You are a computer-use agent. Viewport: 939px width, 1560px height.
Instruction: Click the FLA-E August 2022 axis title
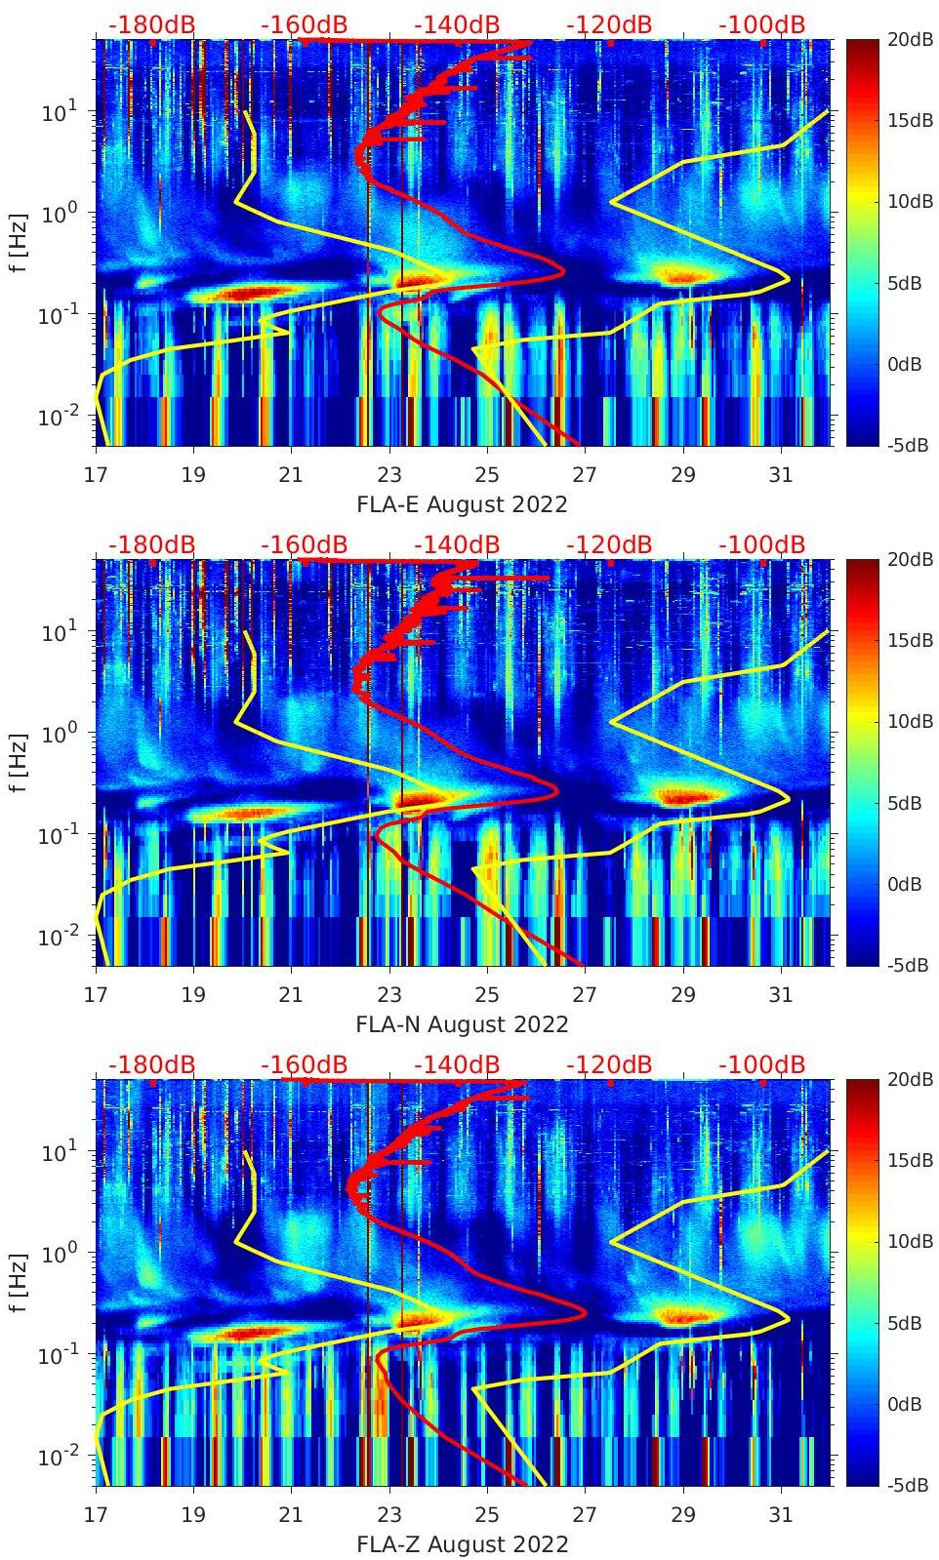[x=462, y=504]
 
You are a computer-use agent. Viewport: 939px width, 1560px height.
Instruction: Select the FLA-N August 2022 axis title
[x=462, y=1024]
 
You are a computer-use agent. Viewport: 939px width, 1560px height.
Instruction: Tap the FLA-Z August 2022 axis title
[x=462, y=1544]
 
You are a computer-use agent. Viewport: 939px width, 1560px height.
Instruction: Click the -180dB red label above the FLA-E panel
[x=151, y=24]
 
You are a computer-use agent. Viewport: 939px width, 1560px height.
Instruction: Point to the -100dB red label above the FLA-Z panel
[x=761, y=1064]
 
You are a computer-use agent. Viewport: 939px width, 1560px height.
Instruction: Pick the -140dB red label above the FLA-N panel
[x=457, y=544]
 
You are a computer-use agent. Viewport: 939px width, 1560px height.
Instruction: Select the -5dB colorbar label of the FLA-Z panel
[x=908, y=1486]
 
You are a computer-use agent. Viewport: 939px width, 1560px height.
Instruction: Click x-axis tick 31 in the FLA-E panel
[x=781, y=475]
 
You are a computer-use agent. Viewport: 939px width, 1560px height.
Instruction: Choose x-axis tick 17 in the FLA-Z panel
[x=96, y=1515]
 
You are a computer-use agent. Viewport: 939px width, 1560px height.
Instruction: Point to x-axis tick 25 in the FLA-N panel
[x=487, y=995]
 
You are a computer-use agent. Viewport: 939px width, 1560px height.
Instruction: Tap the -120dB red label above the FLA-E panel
[x=609, y=24]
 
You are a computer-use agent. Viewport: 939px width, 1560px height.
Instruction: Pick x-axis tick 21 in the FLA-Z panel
[x=291, y=1515]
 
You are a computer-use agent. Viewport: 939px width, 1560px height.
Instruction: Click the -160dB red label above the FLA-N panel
[x=304, y=544]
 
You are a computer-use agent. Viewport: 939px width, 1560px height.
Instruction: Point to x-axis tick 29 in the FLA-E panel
[x=683, y=475]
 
